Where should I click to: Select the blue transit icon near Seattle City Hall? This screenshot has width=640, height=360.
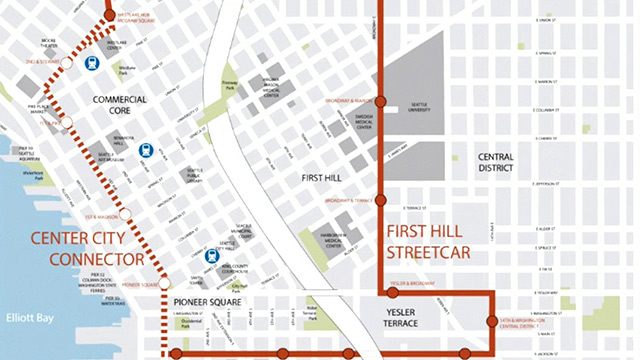pos(211,256)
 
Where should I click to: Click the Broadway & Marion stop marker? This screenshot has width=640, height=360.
pos(380,100)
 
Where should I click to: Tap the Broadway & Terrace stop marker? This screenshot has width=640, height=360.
pos(380,200)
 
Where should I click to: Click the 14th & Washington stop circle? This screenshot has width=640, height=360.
pos(491,322)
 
